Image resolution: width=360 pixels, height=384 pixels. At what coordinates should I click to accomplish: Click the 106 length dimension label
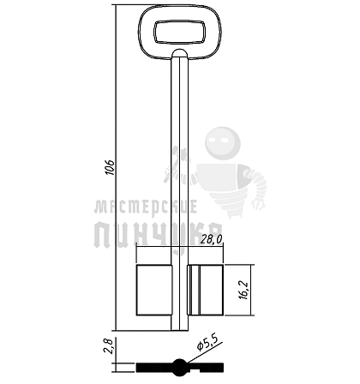109,167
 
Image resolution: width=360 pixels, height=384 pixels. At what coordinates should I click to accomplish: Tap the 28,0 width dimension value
211,239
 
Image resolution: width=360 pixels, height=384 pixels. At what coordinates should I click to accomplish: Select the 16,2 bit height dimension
244,290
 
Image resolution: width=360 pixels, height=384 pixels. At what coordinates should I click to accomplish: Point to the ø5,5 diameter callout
207,343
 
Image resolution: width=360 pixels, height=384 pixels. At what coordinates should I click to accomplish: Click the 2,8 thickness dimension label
110,346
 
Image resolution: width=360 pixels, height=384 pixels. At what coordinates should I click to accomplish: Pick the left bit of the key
154,290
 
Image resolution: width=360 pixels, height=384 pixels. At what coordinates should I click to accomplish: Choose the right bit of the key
205,290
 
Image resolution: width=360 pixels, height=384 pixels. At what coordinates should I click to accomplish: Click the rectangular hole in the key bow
180,33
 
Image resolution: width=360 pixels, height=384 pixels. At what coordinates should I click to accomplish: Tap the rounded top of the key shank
180,52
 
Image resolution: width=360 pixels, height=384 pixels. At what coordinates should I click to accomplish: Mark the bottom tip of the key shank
180,330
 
